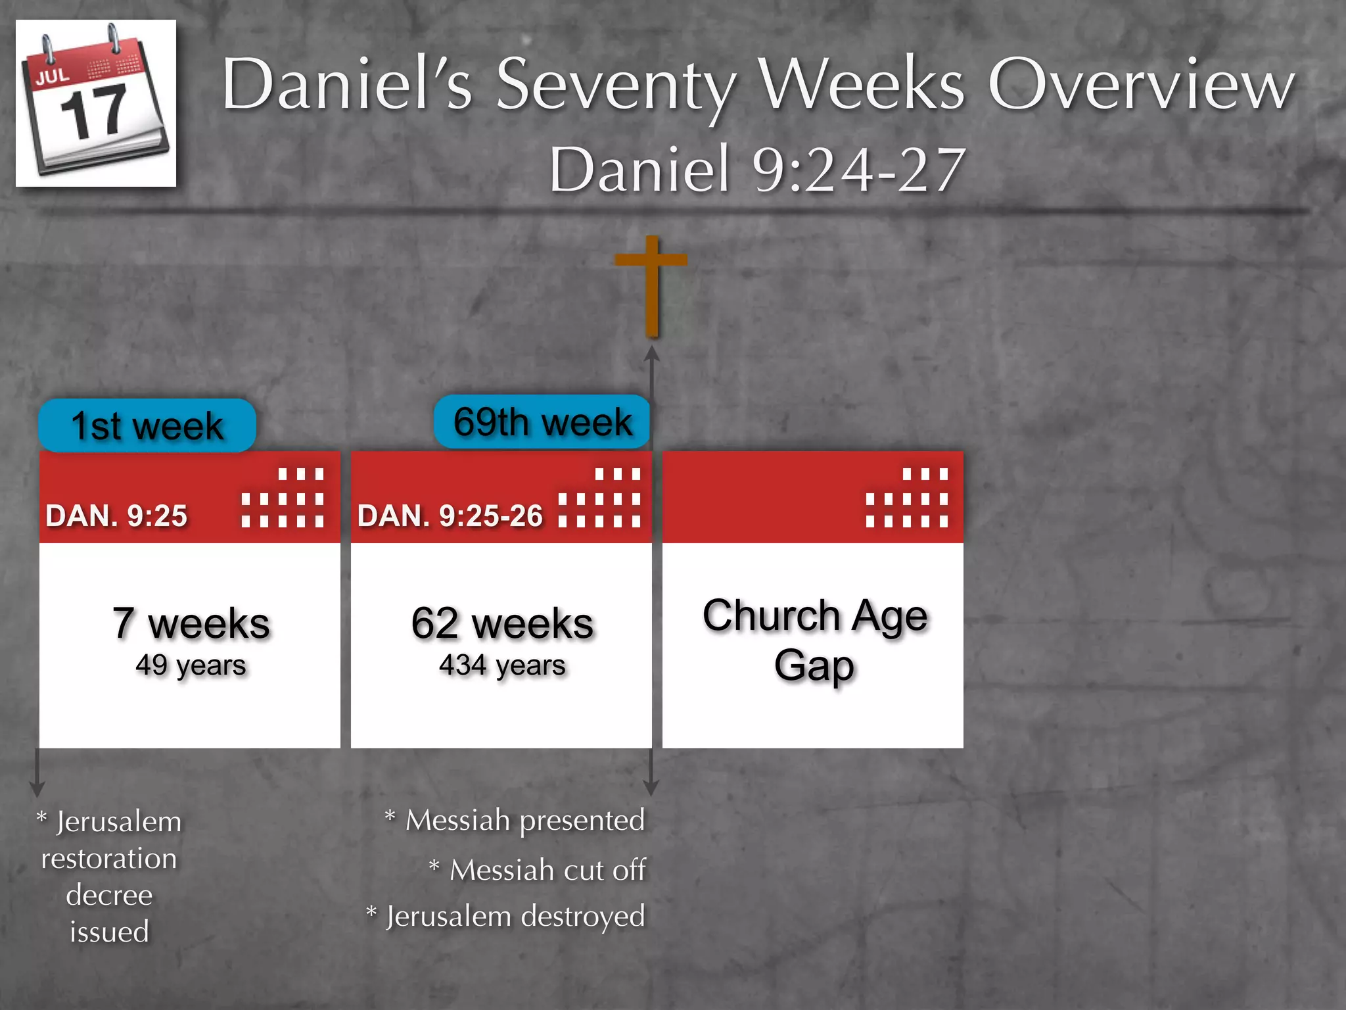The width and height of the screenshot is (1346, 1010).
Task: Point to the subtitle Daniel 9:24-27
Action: (x=757, y=170)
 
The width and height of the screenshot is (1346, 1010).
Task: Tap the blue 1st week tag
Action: (x=147, y=425)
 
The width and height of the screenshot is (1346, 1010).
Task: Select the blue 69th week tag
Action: (x=542, y=421)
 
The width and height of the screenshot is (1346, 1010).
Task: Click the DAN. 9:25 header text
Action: (x=116, y=516)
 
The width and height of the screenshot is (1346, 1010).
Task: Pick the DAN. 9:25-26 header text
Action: (x=450, y=516)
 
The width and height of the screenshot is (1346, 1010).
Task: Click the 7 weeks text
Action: (x=191, y=623)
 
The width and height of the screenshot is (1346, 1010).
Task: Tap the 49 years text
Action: (x=191, y=665)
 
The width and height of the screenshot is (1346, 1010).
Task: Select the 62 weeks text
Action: (x=502, y=623)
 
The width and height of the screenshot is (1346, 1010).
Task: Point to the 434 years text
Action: (x=502, y=665)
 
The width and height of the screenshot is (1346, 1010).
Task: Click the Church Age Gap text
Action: (x=814, y=640)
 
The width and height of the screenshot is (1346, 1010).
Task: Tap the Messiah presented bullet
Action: (x=516, y=821)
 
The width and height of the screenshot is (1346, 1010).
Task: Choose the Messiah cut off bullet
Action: (x=539, y=870)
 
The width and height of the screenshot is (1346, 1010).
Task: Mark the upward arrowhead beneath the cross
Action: (x=651, y=354)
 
